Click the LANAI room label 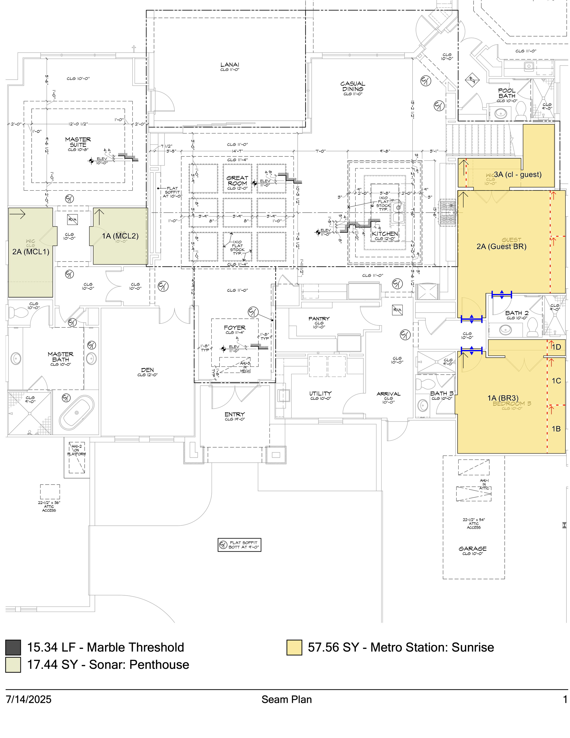pyautogui.click(x=230, y=65)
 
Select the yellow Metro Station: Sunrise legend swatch pyautogui.click(x=294, y=647)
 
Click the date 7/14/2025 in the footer pyautogui.click(x=29, y=699)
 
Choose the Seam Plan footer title pyautogui.click(x=286, y=699)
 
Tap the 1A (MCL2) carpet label pyautogui.click(x=120, y=236)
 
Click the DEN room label pyautogui.click(x=148, y=370)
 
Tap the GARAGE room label pyautogui.click(x=472, y=549)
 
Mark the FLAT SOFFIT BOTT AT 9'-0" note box pyautogui.click(x=239, y=545)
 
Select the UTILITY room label pyautogui.click(x=320, y=394)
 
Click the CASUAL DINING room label pyautogui.click(x=352, y=86)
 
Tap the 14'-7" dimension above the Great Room pyautogui.click(x=237, y=151)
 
